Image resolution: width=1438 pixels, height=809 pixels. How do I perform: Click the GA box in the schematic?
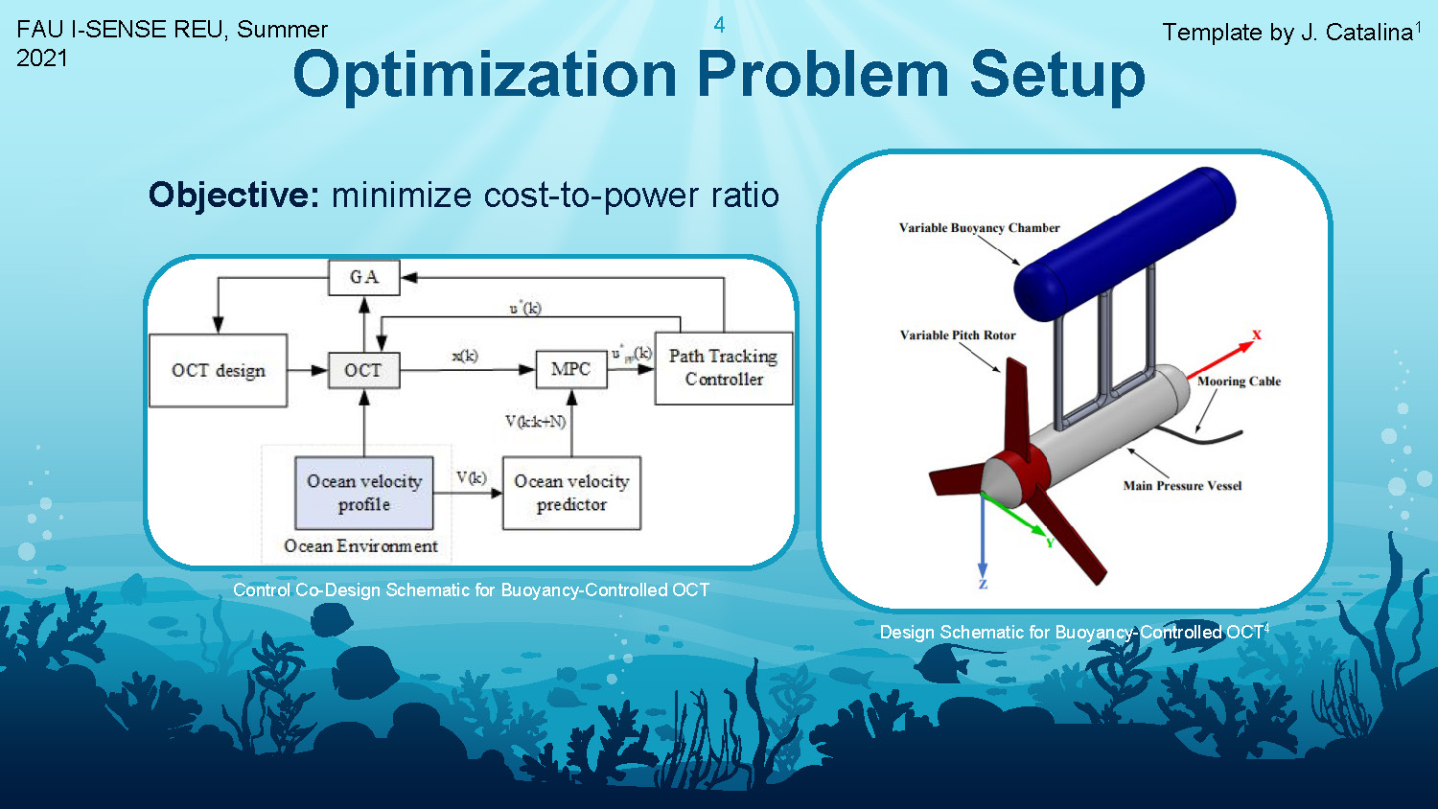[x=363, y=277]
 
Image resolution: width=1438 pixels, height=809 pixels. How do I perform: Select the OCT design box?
[x=219, y=371]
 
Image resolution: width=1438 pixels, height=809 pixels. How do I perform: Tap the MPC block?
[x=570, y=369]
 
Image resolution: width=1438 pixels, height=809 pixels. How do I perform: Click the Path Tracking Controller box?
[x=724, y=368]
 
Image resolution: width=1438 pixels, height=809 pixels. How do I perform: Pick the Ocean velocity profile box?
[x=364, y=493]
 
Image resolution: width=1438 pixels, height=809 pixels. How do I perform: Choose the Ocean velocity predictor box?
[x=571, y=493]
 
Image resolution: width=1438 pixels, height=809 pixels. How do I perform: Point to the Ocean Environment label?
[x=360, y=546]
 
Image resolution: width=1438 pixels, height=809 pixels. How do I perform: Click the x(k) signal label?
[x=465, y=356]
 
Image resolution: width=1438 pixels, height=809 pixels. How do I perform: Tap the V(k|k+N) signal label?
[x=535, y=421]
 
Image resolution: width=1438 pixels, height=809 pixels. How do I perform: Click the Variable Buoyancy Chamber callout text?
[x=979, y=228]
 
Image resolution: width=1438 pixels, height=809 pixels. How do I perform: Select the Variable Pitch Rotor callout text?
[x=958, y=335]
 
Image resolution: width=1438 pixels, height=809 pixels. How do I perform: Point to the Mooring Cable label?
[x=1239, y=381]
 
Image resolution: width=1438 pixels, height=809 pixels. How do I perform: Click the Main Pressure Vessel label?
[x=1182, y=486]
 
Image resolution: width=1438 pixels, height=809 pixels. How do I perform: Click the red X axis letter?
[x=1257, y=335]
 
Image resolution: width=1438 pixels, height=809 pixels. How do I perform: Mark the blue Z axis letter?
[x=983, y=584]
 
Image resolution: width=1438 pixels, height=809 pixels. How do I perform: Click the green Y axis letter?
[x=1050, y=543]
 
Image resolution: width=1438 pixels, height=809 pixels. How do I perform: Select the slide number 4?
[x=719, y=25]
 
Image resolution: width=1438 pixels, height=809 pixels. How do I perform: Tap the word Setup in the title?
[x=1057, y=74]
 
